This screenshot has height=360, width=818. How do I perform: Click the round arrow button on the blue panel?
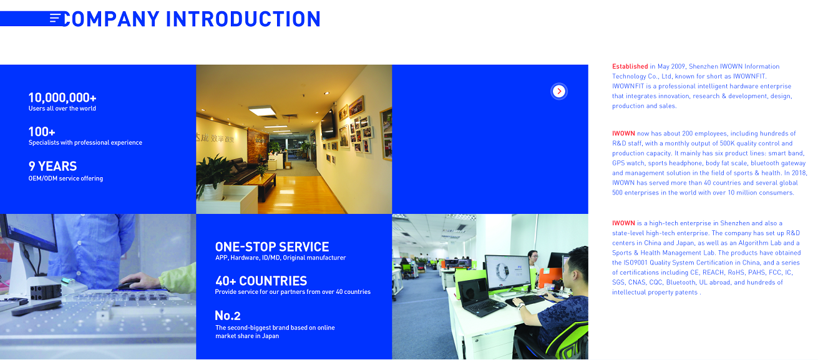[558, 91]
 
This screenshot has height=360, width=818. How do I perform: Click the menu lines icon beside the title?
[55, 18]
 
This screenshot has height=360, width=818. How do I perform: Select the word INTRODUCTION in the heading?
[243, 19]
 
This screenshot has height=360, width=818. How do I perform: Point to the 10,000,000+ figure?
[62, 97]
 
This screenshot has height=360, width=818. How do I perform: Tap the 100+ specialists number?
[42, 132]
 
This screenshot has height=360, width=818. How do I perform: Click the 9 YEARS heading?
[52, 166]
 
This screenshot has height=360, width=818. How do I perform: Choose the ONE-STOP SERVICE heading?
[271, 247]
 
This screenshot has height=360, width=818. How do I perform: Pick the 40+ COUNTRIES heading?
[261, 281]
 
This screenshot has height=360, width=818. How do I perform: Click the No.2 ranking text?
[228, 316]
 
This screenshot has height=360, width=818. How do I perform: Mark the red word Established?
[630, 67]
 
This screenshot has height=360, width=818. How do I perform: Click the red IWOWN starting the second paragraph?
[623, 134]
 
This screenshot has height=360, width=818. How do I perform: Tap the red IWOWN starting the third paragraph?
[623, 223]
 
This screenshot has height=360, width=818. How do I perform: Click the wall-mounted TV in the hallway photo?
[328, 124]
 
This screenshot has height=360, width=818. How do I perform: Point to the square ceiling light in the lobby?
[262, 111]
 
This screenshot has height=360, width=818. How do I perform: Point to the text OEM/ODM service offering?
[66, 178]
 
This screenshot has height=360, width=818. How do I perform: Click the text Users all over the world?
[62, 109]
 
